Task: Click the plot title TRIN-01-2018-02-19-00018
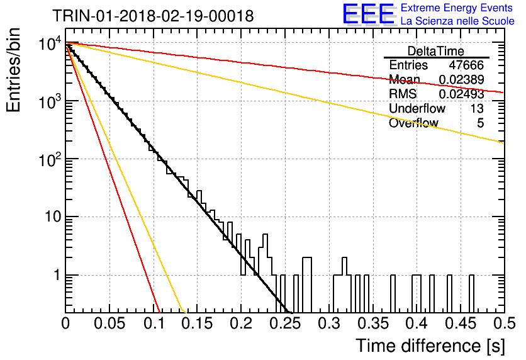[153, 16]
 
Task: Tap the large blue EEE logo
[368, 14]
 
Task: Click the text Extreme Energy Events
[457, 8]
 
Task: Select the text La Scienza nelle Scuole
[457, 21]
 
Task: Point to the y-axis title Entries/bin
[13, 70]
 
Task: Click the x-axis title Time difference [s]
[430, 346]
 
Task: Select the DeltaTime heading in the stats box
[435, 51]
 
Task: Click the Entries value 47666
[466, 65]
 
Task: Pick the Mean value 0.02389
[461, 79]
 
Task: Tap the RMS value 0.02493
[461, 94]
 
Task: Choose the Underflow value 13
[476, 108]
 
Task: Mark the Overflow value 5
[480, 123]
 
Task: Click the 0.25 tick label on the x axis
[286, 323]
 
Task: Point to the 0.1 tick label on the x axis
[154, 323]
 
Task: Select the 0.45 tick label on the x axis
[461, 323]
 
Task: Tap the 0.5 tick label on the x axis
[504, 323]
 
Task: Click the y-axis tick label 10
[53, 217]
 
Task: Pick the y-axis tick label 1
[57, 275]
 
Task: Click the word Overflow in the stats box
[413, 123]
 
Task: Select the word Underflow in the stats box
[417, 108]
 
